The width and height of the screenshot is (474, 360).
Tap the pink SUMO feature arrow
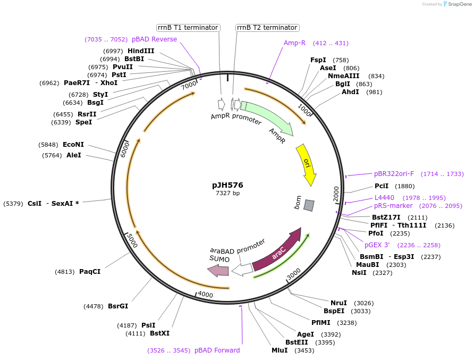[218, 271]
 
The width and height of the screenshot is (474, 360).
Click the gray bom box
[309, 205]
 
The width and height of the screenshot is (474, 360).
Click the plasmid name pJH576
[227, 185]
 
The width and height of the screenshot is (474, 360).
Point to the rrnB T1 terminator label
[188, 28]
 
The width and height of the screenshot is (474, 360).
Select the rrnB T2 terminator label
[267, 28]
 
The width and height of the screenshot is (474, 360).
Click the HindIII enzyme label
[141, 51]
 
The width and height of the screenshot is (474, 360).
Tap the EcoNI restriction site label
[73, 145]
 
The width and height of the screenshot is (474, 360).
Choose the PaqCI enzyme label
[90, 272]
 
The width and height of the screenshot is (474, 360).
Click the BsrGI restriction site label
[118, 306]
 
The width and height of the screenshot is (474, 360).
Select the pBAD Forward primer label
[217, 350]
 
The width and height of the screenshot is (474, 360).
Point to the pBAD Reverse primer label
[154, 39]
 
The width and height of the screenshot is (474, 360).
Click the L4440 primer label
[384, 198]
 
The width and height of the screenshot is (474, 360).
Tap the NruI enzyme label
[338, 303]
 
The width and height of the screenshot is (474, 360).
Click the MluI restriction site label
[280, 350]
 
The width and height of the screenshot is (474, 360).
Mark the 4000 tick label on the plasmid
[205, 295]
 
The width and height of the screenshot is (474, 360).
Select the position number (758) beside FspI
[341, 60]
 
